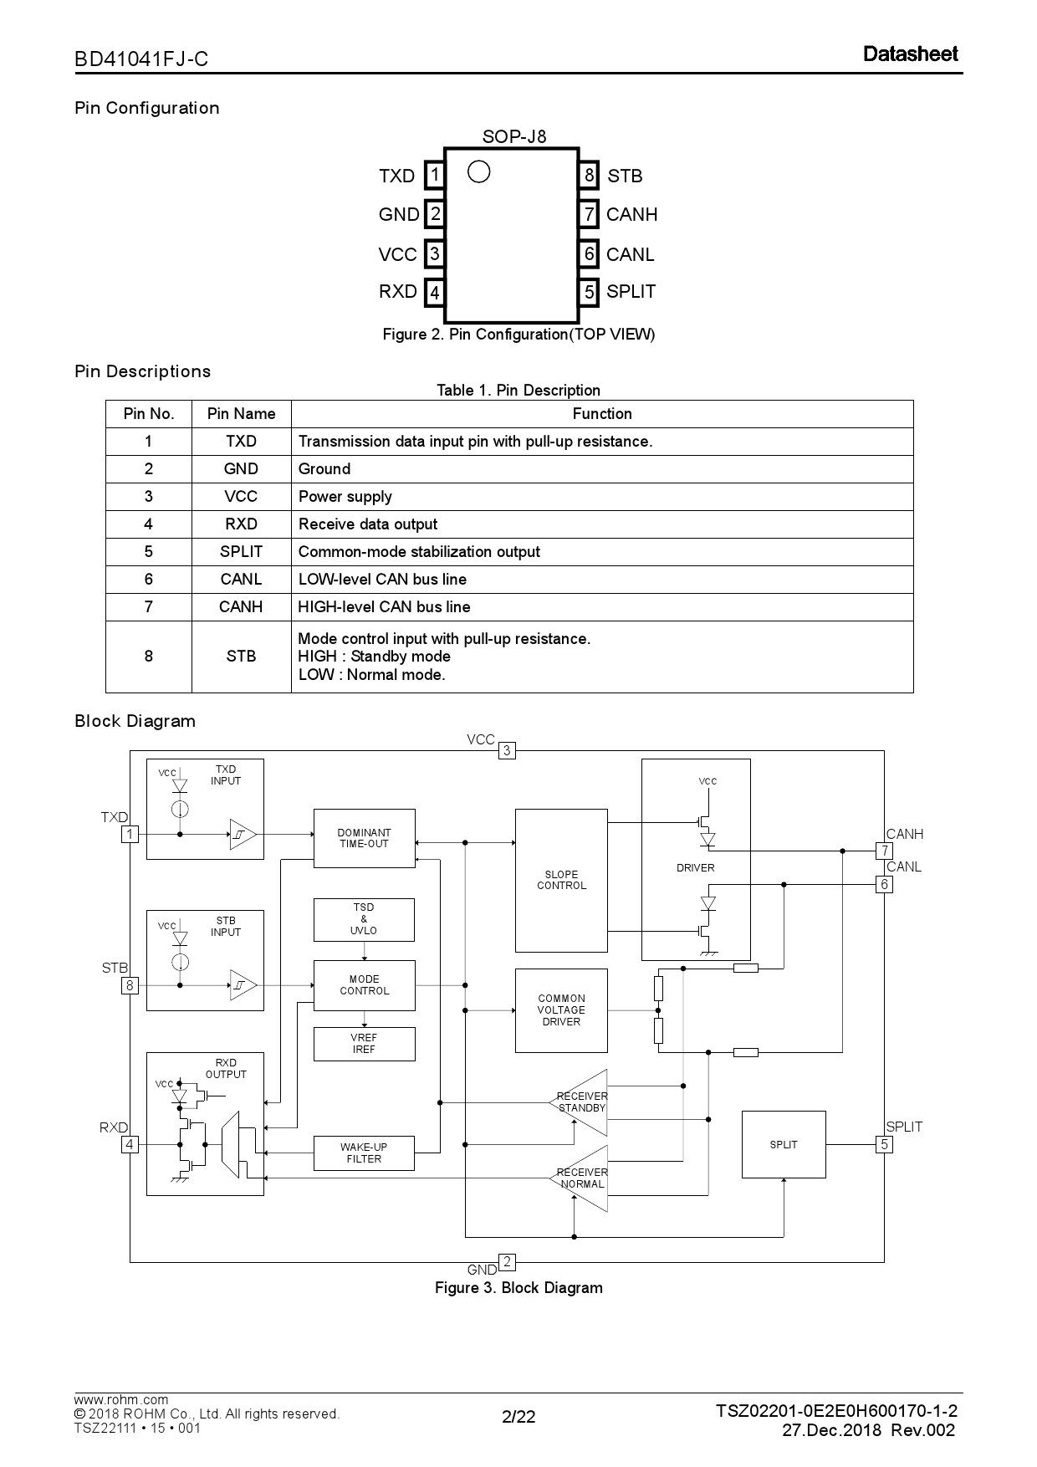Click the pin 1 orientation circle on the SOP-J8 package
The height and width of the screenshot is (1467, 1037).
click(478, 171)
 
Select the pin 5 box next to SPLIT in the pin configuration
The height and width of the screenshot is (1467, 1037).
click(590, 292)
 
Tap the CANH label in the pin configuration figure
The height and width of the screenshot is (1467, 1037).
click(631, 215)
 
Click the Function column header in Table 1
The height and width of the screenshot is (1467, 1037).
click(601, 414)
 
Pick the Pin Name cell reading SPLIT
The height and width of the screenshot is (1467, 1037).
click(241, 552)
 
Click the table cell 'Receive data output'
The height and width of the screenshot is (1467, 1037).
click(368, 524)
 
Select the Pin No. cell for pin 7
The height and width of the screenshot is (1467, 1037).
click(148, 607)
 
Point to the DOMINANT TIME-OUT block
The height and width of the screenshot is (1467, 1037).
click(364, 838)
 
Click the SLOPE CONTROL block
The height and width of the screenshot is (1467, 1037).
click(561, 880)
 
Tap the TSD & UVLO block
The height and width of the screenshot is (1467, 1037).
click(364, 919)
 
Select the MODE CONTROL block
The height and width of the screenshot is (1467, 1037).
click(364, 985)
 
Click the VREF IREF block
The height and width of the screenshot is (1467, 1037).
click(364, 1044)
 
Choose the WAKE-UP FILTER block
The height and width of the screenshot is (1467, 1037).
click(364, 1153)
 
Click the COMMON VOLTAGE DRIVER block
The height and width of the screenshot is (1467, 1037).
click(561, 1010)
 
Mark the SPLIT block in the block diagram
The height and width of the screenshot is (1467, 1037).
click(784, 1144)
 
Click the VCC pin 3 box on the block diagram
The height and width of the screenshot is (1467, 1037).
click(506, 751)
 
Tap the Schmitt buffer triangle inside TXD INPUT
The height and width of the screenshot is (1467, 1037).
click(242, 834)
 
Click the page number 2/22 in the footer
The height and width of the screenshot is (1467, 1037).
click(518, 1417)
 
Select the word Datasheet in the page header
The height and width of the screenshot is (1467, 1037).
click(910, 54)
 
